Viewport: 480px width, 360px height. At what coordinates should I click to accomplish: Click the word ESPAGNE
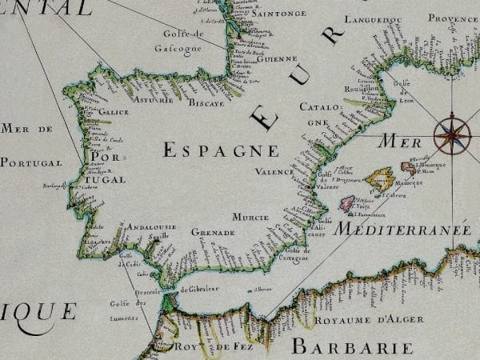pos(221,150)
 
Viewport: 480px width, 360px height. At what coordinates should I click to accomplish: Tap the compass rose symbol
pos(450,134)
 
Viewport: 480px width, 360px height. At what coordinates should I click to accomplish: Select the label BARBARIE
pos(352,347)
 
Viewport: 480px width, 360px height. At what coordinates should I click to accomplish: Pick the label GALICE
pos(114,112)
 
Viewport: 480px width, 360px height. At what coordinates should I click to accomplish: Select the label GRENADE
pos(212,232)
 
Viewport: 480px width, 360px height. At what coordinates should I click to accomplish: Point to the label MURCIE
pos(250,217)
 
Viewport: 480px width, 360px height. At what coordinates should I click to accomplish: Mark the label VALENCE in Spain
pos(275,171)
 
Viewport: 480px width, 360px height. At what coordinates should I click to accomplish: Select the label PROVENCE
pos(452,18)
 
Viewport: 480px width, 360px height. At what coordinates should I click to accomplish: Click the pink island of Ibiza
pos(347,204)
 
